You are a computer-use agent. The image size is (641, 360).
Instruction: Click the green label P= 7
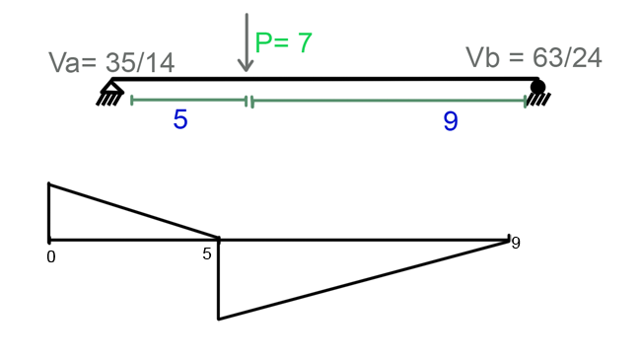pos(284,42)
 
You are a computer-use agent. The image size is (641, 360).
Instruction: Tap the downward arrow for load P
pos(246,43)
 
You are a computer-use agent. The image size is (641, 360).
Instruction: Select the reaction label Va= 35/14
pos(111,63)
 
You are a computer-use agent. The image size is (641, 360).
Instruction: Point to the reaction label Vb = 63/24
pos(534,57)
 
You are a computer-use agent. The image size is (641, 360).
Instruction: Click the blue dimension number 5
pos(179,120)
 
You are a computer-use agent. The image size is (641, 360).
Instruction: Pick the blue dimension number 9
pos(451,122)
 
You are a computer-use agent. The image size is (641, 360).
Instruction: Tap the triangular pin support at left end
pos(111,88)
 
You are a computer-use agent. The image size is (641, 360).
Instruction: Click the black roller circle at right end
pos(536,87)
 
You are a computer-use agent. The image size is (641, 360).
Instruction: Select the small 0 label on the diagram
pos(50,256)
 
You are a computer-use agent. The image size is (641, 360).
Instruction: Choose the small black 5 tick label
pos(207,253)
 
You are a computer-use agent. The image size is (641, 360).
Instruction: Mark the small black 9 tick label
pos(515,243)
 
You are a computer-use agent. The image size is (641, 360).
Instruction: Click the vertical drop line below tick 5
pos(218,280)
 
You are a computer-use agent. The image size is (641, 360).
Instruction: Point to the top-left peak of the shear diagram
pos(48,184)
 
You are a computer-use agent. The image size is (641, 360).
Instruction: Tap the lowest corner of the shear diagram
pos(218,319)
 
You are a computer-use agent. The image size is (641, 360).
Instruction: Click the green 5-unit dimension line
pos(187,100)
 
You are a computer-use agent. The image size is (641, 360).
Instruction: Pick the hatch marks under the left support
pos(106,99)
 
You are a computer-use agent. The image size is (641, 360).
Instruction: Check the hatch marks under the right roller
pos(538,99)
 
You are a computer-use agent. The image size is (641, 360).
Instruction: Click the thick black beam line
pos(325,79)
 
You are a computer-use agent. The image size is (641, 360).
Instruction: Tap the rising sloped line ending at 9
pos(365,279)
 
